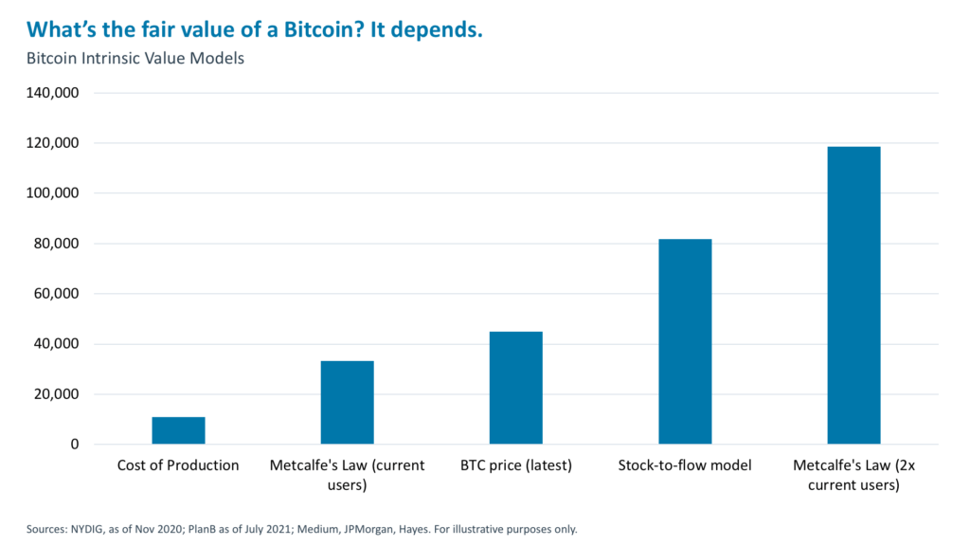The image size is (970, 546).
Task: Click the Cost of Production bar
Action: (178, 430)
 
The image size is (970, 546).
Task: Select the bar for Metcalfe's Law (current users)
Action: (347, 403)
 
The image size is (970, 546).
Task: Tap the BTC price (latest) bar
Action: (515, 388)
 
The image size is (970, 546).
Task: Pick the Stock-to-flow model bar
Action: (685, 341)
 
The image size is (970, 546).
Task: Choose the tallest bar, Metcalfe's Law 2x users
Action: (853, 296)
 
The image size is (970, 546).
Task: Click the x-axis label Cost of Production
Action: (178, 465)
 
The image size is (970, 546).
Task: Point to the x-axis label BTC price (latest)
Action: (515, 465)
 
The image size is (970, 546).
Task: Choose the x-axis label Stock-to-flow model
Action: (685, 465)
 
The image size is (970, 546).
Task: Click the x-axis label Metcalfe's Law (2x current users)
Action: (853, 475)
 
